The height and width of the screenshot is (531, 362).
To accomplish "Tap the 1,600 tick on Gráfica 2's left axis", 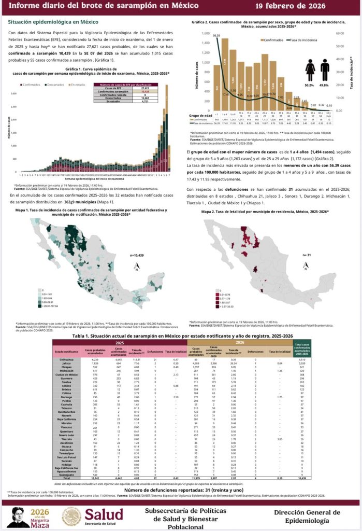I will (206, 34).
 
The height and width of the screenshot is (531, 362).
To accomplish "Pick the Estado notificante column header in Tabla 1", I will (67, 351).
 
